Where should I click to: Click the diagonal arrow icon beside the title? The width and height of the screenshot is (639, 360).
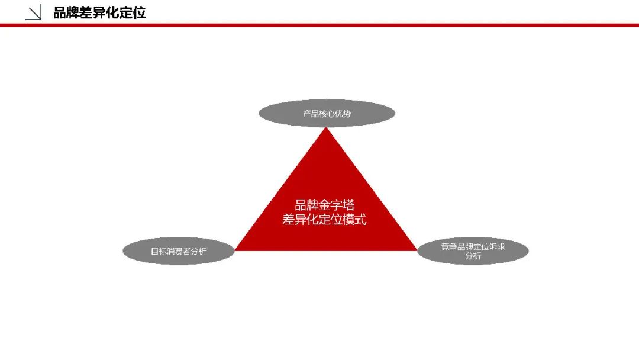coord(33,12)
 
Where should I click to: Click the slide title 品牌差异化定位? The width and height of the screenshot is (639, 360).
coord(99,12)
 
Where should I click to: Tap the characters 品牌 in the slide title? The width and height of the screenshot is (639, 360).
coord(66,12)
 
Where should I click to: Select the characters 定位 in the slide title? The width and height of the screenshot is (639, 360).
coord(133,12)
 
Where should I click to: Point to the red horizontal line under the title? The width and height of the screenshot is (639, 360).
coord(319,25)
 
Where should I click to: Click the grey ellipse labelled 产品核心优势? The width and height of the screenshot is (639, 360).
coord(327,113)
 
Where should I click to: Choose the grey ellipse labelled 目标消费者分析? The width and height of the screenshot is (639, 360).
coord(179,251)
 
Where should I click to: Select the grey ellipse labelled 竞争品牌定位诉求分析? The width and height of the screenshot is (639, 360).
coord(473,251)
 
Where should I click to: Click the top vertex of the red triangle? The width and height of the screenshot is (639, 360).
coord(326,128)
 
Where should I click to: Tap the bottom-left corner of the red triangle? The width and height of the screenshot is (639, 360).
coord(235,250)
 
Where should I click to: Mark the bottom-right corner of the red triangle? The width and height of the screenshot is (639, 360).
coord(417,250)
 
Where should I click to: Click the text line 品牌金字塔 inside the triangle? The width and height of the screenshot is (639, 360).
coord(325,205)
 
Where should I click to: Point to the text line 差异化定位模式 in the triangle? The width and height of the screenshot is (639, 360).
coord(324,219)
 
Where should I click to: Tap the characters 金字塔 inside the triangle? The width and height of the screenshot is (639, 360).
coord(337,205)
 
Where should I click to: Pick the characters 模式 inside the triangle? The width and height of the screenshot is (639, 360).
coord(354,219)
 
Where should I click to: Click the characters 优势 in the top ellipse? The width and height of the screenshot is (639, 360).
coord(343,114)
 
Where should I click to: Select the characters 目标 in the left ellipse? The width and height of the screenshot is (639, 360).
coord(159,251)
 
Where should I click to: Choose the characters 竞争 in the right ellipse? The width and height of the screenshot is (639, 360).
coord(448,247)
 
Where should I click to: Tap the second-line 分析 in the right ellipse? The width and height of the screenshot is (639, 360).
coord(473,256)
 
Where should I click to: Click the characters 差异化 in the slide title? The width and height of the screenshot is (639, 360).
coord(100,12)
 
